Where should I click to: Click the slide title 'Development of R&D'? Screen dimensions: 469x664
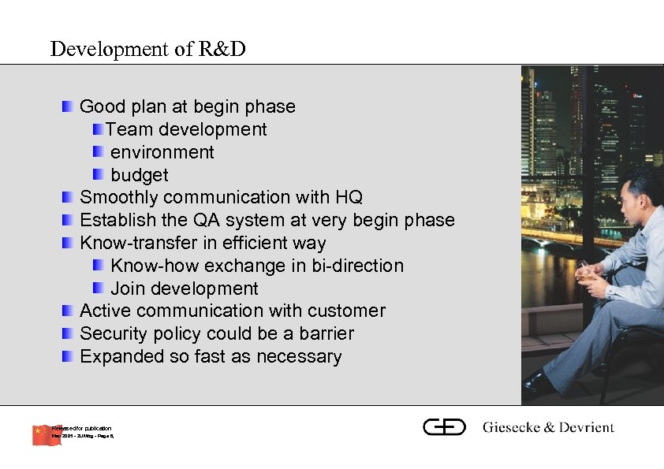[x=147, y=49]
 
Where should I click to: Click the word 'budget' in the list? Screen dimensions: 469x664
[x=140, y=175]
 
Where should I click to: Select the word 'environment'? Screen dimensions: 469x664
[x=162, y=152]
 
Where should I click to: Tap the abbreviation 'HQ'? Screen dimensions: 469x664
[x=349, y=197]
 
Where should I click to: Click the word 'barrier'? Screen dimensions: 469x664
[x=322, y=333]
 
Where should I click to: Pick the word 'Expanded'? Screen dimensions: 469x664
[x=122, y=356]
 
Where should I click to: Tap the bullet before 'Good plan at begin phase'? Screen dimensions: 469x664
[x=69, y=106]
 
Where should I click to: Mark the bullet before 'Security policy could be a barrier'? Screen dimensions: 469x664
[x=69, y=333]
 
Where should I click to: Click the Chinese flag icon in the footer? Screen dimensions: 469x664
[x=46, y=434]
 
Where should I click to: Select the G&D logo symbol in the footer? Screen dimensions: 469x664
[x=445, y=427]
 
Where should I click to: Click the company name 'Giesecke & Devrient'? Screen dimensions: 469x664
[x=548, y=427]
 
